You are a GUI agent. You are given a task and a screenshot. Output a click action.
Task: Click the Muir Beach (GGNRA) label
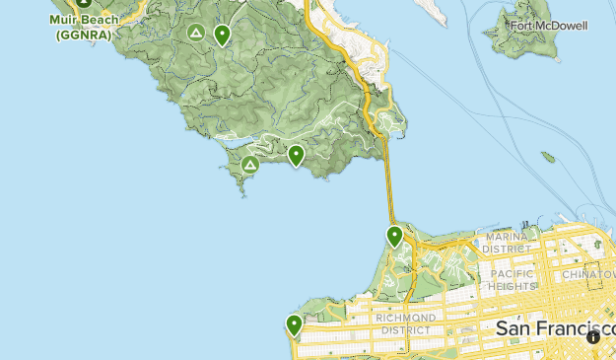point(84,27)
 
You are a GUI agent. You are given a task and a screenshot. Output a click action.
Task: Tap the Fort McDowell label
point(550,26)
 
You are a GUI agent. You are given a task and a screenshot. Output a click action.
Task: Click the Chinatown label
point(588,274)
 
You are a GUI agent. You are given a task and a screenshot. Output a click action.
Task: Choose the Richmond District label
point(404,324)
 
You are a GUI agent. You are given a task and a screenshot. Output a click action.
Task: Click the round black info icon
point(593,337)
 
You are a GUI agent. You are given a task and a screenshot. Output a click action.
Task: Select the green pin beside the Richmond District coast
point(294,324)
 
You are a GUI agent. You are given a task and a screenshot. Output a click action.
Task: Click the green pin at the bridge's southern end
point(394,236)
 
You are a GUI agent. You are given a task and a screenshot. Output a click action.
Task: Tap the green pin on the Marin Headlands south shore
point(296,154)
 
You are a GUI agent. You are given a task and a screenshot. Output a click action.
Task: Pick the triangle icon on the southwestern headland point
point(250,165)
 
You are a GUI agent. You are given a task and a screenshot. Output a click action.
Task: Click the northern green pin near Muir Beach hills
point(222,36)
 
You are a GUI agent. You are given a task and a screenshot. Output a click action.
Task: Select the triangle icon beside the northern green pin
point(196,34)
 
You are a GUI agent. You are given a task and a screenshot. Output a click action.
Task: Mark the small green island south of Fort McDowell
point(548,157)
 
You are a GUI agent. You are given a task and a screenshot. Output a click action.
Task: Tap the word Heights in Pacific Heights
point(512,286)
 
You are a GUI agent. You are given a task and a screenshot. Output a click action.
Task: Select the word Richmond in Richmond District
point(404,318)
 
